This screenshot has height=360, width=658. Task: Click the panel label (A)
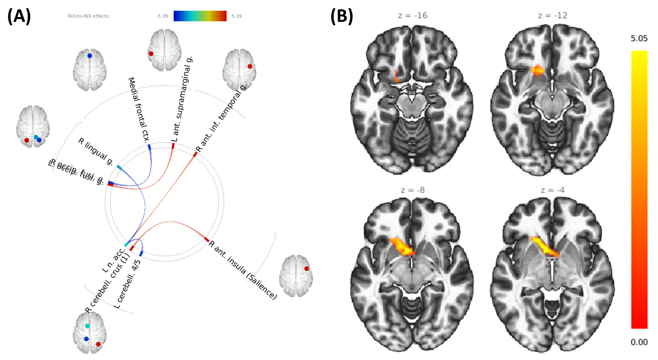(19, 17)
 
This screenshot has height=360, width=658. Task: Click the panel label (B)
(342, 17)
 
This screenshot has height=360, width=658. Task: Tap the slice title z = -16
(412, 15)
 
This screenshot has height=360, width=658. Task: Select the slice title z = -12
(552, 15)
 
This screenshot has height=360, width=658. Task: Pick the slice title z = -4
(552, 190)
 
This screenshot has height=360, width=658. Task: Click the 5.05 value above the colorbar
(639, 38)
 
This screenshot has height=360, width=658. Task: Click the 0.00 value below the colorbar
(639, 342)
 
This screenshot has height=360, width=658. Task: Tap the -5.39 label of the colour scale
(162, 16)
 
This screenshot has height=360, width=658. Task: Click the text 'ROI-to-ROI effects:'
(88, 16)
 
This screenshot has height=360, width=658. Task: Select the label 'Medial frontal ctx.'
(139, 109)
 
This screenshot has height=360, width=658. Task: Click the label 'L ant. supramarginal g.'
(182, 99)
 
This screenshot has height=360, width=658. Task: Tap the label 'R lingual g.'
(96, 151)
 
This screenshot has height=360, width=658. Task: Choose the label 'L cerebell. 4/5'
(127, 284)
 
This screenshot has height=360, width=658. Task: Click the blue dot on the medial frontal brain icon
(90, 56)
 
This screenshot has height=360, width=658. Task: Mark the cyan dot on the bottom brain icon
(87, 326)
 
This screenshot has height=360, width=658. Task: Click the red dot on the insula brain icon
(306, 268)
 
